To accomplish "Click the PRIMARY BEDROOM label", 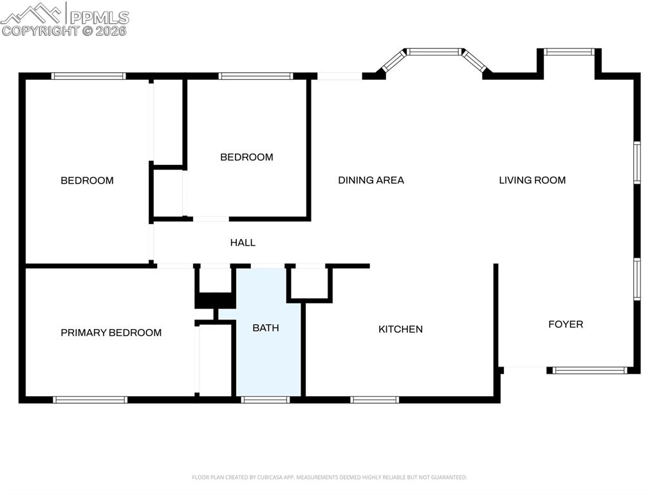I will coord(111,332).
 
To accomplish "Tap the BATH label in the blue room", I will coord(265,328).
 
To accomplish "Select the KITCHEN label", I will coord(400,329).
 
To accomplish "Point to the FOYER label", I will coord(566,324).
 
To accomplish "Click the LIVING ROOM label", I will coord(532,180).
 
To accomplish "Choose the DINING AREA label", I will coord(371,180).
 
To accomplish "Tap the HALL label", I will coord(243,243).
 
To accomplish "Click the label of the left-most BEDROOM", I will coord(87,180).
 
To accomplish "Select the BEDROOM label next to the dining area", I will coord(246,157).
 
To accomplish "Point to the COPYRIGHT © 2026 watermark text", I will coord(64,30).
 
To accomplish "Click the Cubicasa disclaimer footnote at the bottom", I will coord(329,477).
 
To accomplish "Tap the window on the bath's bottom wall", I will coord(265,399).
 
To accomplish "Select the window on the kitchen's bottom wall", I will coord(375,399).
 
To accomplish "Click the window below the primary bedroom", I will coord(90,399).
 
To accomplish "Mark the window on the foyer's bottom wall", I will coord(589,370).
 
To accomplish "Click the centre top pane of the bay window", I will coord(434,52).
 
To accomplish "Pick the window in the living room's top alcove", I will coord(569,52).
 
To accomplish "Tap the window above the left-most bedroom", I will coord(88,76).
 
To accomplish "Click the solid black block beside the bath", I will coord(215,301).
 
